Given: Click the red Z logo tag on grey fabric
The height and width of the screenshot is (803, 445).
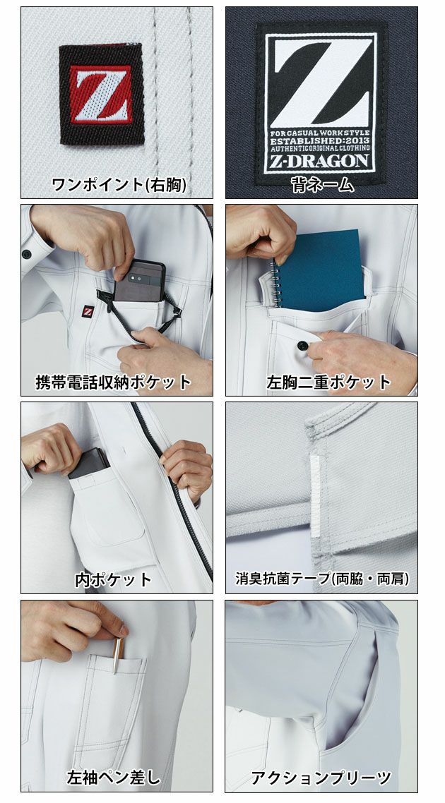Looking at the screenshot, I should [x=100, y=95].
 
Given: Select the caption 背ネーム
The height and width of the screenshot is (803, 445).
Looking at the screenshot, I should [x=321, y=185].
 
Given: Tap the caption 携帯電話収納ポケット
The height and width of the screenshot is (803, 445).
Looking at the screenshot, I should [x=114, y=382].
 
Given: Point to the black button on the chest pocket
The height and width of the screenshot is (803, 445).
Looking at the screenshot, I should [x=303, y=346].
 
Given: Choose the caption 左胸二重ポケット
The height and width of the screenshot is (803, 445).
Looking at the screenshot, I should [x=328, y=382].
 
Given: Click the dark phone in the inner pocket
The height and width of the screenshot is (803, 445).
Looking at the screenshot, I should [x=89, y=463].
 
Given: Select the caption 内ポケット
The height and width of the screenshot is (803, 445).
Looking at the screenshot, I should [x=113, y=580].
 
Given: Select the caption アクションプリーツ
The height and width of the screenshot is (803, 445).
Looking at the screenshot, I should [x=321, y=778].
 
